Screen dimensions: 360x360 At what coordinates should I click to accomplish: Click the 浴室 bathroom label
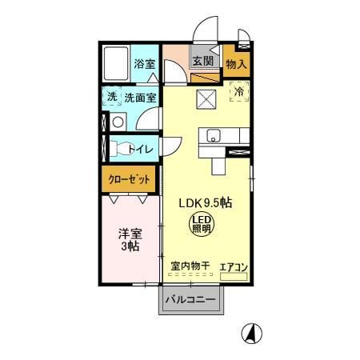(144, 63)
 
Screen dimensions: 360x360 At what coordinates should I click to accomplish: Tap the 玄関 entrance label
(202, 62)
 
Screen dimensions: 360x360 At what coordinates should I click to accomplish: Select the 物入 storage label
(236, 63)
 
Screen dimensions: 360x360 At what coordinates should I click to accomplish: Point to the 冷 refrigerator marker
(238, 93)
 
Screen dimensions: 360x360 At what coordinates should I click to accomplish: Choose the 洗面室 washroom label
(140, 97)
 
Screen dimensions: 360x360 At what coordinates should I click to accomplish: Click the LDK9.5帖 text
(205, 203)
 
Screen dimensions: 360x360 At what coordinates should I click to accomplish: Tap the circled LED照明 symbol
(201, 223)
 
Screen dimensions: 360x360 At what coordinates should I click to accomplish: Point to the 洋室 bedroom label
(130, 238)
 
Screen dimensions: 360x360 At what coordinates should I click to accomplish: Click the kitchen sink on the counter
(214, 134)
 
